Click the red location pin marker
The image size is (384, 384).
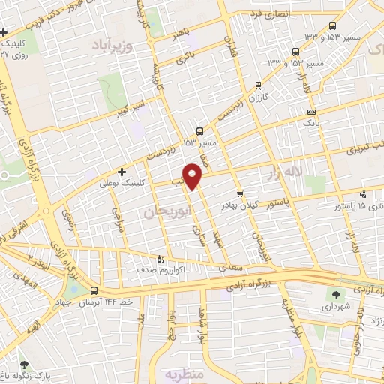coord(193,175)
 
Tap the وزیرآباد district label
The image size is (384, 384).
coord(112,46)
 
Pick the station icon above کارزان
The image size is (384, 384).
coord(259,85)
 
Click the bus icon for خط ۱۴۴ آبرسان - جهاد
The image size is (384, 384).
coord(94,289)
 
